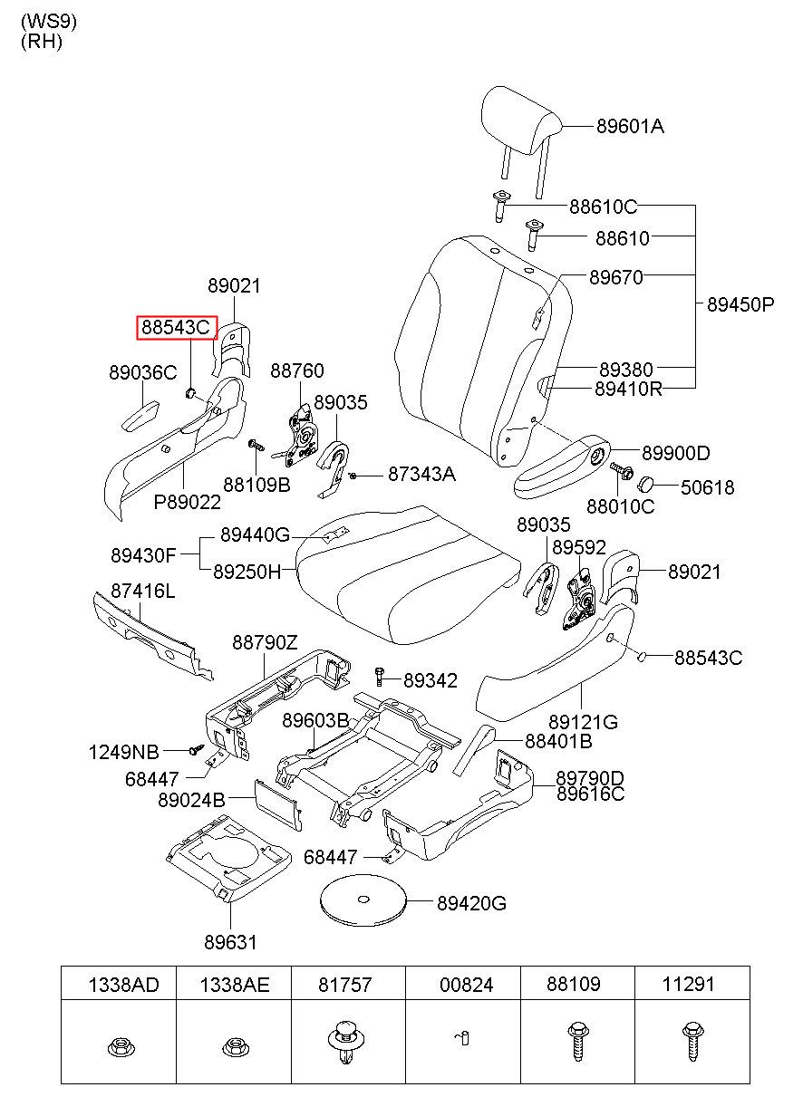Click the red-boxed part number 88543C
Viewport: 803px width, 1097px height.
(176, 327)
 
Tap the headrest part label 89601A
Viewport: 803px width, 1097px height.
(630, 126)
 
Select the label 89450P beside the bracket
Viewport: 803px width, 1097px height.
(740, 304)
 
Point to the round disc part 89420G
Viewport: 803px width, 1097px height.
(363, 900)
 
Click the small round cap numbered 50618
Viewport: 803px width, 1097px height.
(646, 484)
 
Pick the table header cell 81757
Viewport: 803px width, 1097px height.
(345, 985)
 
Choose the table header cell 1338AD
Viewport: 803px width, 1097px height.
(123, 985)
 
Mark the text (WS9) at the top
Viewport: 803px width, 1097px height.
(49, 22)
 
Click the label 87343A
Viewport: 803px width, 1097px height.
(421, 474)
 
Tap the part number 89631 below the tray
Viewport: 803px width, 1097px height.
(230, 942)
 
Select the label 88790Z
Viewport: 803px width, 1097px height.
(265, 642)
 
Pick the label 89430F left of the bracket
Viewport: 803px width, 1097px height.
(143, 555)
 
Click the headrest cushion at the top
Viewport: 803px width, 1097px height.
(521, 120)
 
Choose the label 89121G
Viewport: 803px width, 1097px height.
(583, 722)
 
